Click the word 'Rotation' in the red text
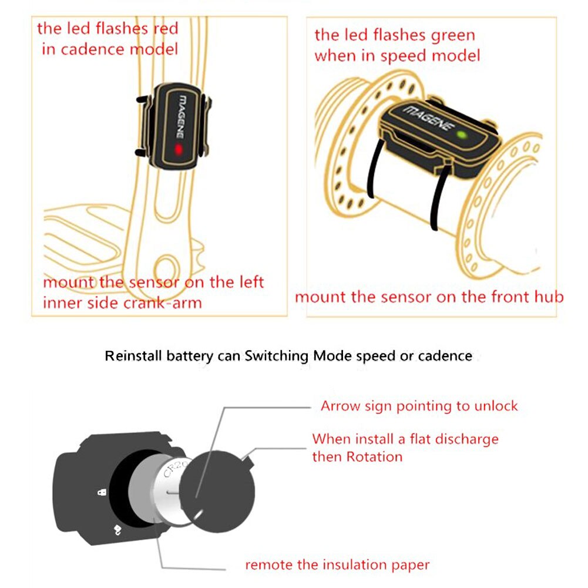(374, 456)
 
